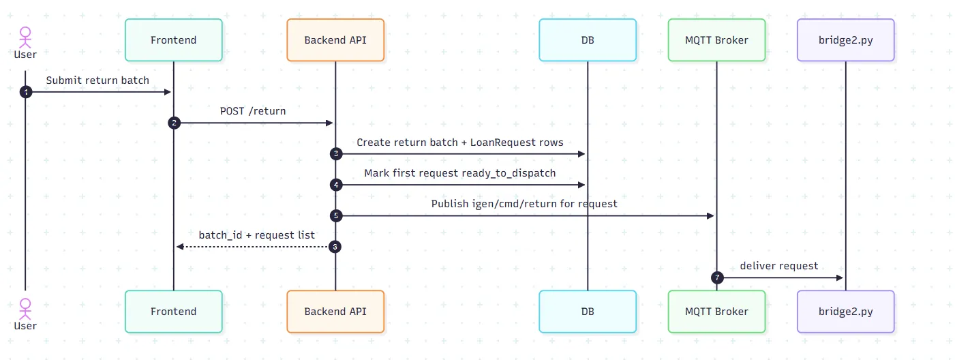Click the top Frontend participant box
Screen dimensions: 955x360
[x=174, y=40]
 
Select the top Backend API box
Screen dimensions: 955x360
[x=335, y=40]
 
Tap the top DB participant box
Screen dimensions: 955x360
[x=588, y=40]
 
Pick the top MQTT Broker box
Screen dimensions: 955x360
[x=716, y=40]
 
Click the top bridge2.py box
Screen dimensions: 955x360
[x=846, y=40]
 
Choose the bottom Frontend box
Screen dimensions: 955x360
[x=174, y=312]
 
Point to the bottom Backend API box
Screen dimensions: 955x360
[x=335, y=312]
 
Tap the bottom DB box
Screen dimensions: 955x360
[x=588, y=312]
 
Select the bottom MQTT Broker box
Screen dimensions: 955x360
[x=716, y=312]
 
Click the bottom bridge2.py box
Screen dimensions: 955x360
[x=846, y=312]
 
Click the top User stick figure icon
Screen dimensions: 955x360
[x=25, y=37]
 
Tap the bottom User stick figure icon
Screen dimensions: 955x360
[x=25, y=309]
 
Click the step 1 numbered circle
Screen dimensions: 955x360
[x=26, y=92]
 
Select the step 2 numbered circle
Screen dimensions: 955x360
[x=174, y=123]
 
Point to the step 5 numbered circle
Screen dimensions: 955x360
[x=336, y=216]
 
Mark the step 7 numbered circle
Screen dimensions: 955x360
[x=717, y=277]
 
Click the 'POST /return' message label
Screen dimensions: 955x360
[x=253, y=111]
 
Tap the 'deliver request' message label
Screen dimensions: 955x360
[x=779, y=266]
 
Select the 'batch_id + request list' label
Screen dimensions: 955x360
[x=257, y=235]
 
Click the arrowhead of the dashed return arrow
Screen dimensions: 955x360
[x=180, y=247]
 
